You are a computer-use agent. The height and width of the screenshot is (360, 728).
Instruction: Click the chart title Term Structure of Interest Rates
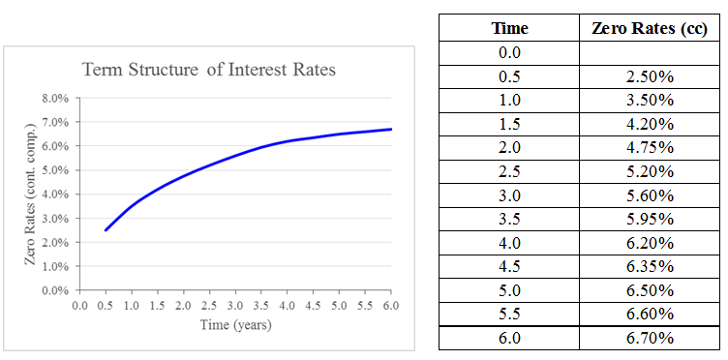209,71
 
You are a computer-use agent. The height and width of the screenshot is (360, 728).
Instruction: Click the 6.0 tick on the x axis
390,306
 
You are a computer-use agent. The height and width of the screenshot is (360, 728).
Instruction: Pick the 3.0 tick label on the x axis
235,306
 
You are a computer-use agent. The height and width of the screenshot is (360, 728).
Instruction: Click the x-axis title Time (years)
235,325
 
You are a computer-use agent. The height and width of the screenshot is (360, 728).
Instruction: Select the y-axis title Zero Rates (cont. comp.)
31,194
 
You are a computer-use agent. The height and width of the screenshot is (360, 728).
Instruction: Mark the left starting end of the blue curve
106,230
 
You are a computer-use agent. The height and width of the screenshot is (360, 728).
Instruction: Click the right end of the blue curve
390,129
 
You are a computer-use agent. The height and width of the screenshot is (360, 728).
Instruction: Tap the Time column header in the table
509,29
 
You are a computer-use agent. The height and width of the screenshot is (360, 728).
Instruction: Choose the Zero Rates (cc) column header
650,29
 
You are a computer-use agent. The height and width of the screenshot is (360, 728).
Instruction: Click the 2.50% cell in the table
650,75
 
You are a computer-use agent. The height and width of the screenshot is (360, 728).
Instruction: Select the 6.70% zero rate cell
650,338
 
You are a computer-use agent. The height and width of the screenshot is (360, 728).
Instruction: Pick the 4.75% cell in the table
650,147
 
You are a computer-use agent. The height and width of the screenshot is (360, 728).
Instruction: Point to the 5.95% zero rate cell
650,219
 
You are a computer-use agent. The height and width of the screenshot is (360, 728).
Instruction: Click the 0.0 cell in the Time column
509,52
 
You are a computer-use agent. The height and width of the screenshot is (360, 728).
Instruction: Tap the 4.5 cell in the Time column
509,266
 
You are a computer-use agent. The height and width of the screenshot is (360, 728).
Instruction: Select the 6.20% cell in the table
650,243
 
